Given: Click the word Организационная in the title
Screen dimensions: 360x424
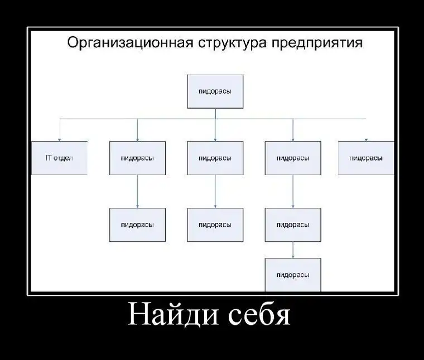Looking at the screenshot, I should click(x=131, y=43).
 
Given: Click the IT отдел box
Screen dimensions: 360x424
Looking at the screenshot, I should click(x=59, y=158).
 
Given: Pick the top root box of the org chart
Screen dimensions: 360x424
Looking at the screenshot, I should click(x=215, y=91).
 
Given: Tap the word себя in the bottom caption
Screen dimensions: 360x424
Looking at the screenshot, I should click(x=259, y=315).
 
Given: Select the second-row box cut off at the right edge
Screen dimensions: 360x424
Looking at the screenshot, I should click(x=366, y=158).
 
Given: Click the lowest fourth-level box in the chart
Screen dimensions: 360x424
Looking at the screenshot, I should click(x=293, y=274).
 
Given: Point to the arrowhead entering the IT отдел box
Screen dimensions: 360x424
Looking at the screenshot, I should click(x=59, y=139).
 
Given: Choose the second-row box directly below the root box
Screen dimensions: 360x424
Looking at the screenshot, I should click(x=215, y=158).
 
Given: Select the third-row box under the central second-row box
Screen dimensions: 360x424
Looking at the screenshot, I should click(x=215, y=225).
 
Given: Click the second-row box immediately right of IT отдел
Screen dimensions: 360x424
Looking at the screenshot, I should click(x=137, y=158).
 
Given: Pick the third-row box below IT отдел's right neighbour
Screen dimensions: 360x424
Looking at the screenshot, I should click(x=137, y=225).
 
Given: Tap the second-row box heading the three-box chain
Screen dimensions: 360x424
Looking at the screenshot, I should click(x=293, y=158).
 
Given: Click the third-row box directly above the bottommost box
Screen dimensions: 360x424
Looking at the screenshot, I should click(x=293, y=225).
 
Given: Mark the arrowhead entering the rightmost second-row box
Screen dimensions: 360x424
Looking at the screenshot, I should click(x=366, y=139).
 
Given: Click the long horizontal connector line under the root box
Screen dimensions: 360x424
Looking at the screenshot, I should click(x=167, y=119).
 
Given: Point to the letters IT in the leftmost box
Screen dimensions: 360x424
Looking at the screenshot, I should click(x=49, y=158).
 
